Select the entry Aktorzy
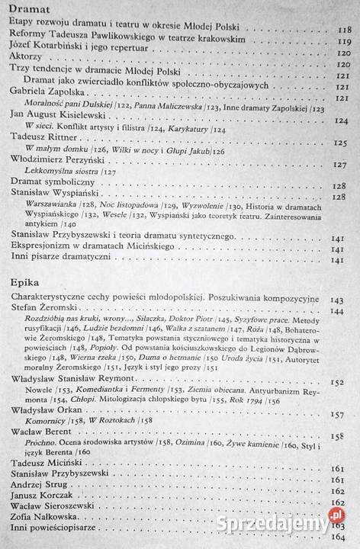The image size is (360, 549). (x=28, y=56)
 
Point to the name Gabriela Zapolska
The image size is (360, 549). (x=48, y=90)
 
